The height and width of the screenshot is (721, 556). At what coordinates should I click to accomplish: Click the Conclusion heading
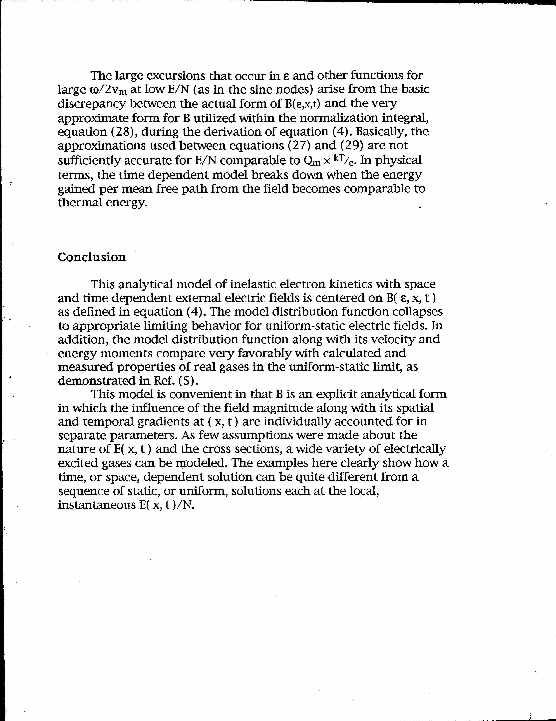92,257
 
